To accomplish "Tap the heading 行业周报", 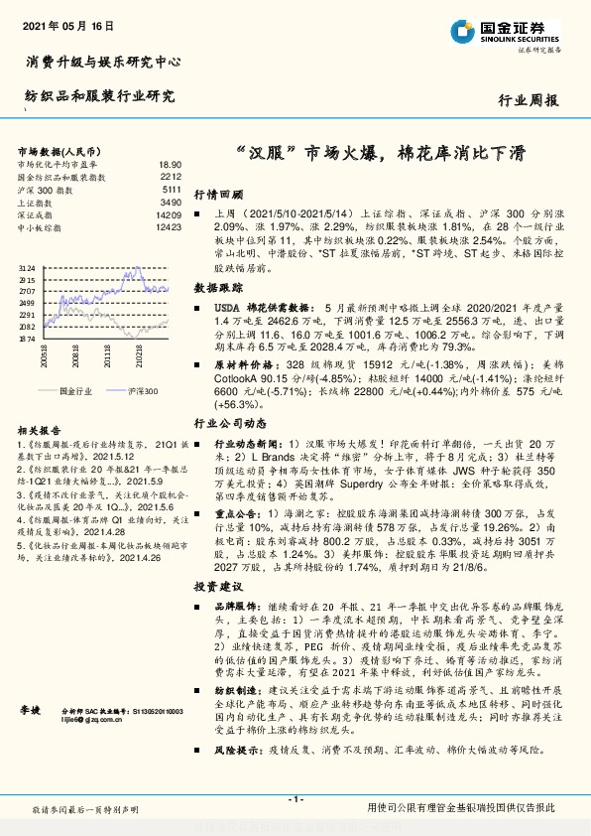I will coord(528,100).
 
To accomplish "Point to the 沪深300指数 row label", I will coord(46,189).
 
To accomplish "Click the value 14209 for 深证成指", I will coord(168,214).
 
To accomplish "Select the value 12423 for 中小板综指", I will coord(168,227).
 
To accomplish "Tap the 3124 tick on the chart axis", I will coord(27,268).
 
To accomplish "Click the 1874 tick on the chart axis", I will coord(27,339).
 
